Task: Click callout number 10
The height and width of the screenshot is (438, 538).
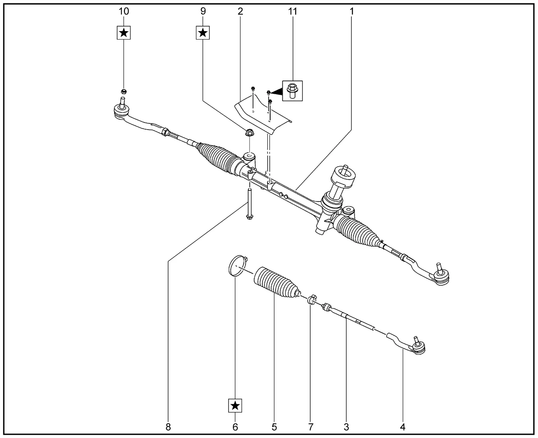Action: click(124, 11)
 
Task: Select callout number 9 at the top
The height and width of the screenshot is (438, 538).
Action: click(203, 11)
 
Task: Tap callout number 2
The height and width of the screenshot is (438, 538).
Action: click(240, 11)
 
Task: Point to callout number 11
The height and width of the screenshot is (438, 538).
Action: click(293, 11)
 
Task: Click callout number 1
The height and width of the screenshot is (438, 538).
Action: click(351, 11)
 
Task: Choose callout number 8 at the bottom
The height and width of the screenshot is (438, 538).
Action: click(168, 427)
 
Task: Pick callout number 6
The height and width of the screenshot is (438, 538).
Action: click(235, 427)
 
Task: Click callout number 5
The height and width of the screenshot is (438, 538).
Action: click(274, 427)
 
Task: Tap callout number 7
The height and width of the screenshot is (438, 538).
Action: click(311, 427)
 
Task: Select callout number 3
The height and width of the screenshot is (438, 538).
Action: click(346, 427)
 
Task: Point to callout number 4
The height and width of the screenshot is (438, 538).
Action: click(403, 427)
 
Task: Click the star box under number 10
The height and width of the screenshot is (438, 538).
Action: click(124, 32)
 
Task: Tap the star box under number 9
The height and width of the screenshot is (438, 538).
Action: click(203, 32)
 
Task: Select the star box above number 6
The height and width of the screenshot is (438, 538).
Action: click(235, 406)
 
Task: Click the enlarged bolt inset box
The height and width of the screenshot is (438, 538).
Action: click(293, 90)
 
